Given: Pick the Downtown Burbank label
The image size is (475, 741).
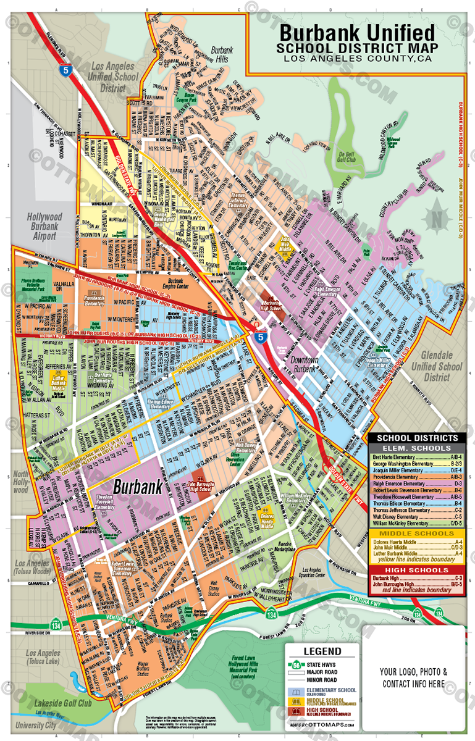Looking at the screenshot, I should point(305,364).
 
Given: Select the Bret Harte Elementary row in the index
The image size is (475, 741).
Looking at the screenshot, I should point(417,456).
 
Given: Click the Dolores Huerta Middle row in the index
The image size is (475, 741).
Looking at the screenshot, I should point(417,542).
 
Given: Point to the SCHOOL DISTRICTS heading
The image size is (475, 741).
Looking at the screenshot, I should point(417,437).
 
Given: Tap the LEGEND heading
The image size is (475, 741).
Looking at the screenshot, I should point(322,651).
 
